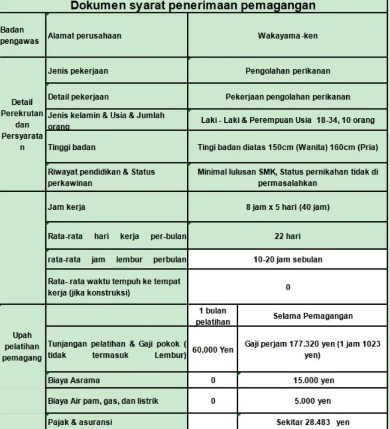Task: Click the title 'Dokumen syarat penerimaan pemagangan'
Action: click(193, 6)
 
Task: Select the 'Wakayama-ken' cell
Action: click(288, 36)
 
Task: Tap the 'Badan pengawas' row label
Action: click(19, 36)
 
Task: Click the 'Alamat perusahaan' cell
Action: click(84, 36)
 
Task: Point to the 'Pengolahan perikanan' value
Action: click(288, 71)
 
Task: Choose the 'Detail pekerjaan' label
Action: click(78, 97)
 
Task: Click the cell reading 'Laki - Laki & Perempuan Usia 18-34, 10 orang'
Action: click(288, 120)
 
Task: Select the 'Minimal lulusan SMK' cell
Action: click(288, 177)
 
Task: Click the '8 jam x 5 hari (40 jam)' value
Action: click(288, 207)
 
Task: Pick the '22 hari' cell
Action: click(288, 236)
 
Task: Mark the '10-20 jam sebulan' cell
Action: click(288, 260)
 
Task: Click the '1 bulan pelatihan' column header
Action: click(213, 316)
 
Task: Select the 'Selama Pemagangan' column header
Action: click(313, 316)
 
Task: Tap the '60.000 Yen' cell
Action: click(213, 350)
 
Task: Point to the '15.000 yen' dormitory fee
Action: click(313, 381)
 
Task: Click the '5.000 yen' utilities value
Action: click(313, 401)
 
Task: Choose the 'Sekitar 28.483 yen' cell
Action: click(313, 422)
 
